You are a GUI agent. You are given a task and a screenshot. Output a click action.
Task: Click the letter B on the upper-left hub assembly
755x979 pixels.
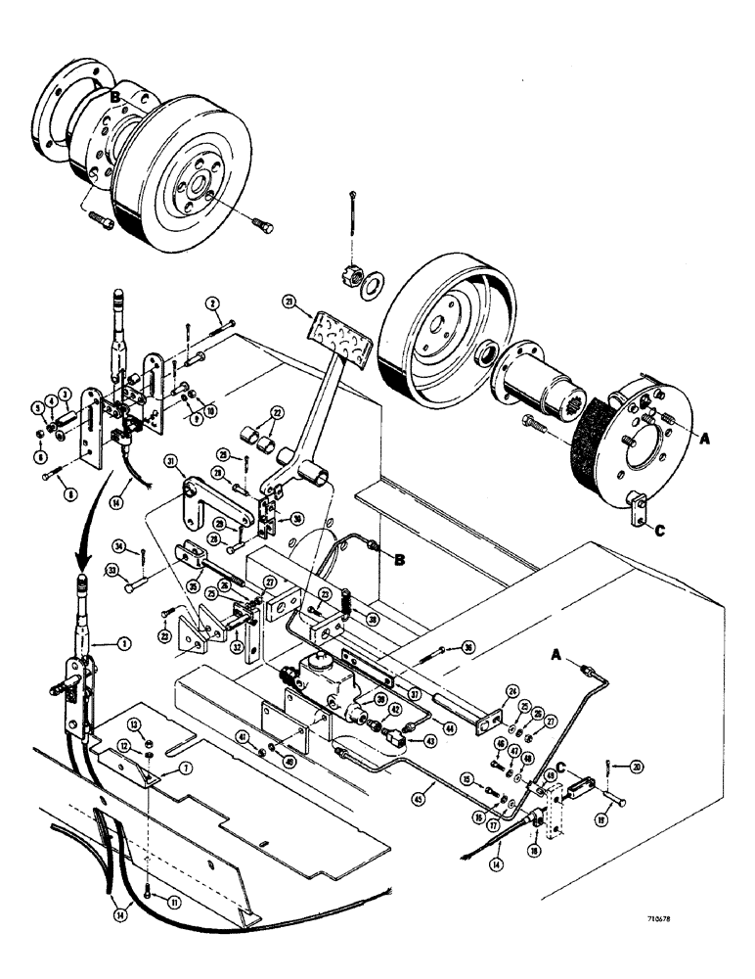pos(114,97)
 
